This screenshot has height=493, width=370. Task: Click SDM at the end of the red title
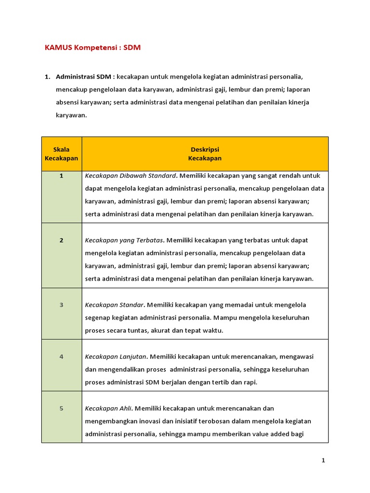point(132,48)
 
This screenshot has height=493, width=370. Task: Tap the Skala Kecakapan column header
point(62,154)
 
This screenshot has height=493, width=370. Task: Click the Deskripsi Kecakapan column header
point(205,154)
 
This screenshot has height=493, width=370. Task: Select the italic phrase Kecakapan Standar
point(115,305)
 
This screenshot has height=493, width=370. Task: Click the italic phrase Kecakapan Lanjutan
point(116,357)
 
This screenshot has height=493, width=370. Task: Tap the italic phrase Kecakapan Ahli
point(108,408)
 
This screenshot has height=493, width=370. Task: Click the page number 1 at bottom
point(324,461)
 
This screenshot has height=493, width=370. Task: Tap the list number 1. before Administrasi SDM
point(47,77)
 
